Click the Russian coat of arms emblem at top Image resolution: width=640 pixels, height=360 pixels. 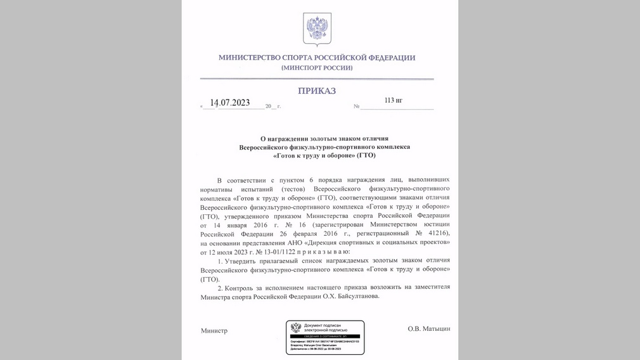point(317,30)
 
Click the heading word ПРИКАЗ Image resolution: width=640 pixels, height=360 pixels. point(317,91)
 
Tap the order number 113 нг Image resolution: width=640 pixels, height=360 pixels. point(393,100)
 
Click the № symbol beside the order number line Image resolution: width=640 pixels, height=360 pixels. point(356,106)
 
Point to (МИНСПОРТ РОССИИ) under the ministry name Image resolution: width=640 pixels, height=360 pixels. point(317,68)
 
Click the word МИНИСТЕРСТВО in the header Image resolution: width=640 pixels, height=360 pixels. point(248,58)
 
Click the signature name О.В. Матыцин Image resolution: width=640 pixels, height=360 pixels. point(429,330)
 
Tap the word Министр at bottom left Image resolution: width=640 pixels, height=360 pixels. point(214,331)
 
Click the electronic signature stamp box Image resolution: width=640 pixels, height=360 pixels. point(324,337)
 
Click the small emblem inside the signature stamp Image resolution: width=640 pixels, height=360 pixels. point(296,328)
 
